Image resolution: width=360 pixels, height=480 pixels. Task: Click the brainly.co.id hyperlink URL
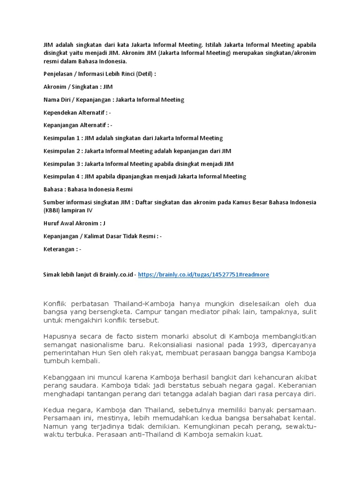203,275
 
